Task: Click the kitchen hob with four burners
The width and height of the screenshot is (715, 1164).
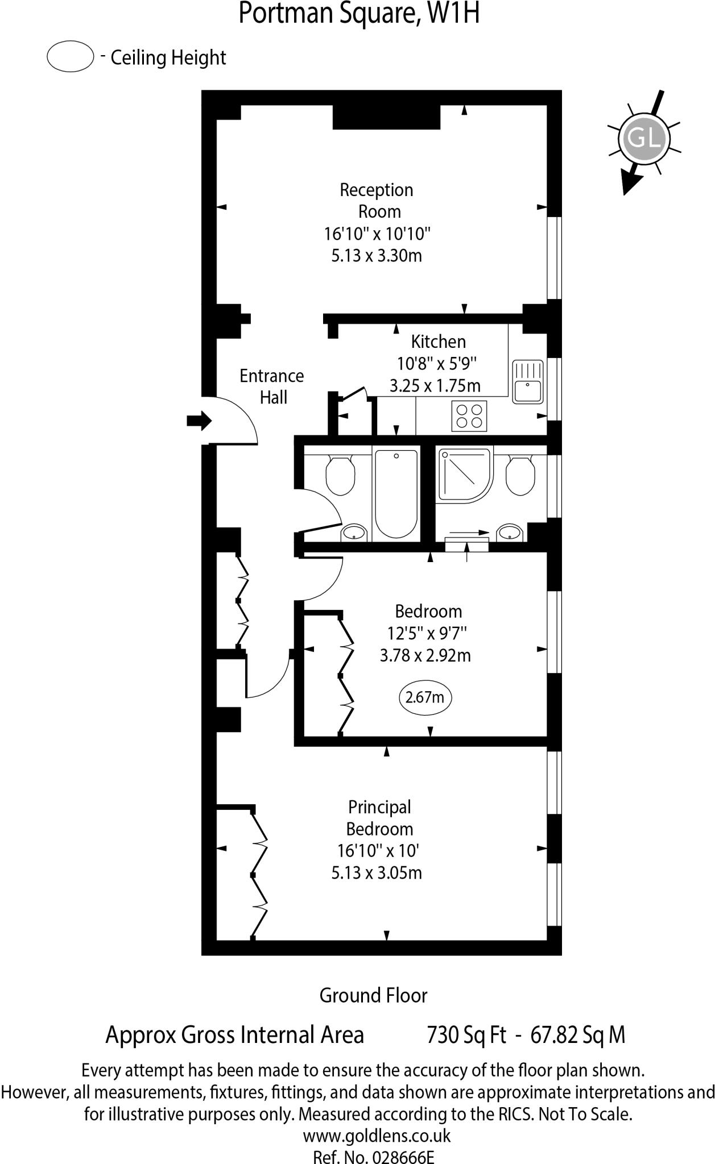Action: tap(469, 415)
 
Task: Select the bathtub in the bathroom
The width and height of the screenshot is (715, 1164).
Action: tap(396, 492)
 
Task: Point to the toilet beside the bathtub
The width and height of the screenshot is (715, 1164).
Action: tap(340, 475)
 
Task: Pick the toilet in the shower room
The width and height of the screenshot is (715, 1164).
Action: tap(520, 475)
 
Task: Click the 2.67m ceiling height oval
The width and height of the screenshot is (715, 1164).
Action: tap(425, 697)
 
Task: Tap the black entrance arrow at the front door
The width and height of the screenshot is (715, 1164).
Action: tap(199, 421)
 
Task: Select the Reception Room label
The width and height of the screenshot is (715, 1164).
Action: tap(377, 200)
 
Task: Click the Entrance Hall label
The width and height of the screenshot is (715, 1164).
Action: tap(272, 386)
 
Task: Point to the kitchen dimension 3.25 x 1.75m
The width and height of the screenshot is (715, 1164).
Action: tap(435, 386)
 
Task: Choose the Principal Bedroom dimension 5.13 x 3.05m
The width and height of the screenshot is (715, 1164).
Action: tap(377, 872)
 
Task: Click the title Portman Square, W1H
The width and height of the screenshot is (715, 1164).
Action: tap(358, 14)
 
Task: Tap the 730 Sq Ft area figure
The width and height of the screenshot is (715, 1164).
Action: tap(466, 1035)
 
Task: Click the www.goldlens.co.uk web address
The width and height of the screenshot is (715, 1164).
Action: tap(377, 1136)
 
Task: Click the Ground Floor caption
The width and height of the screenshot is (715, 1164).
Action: tap(373, 995)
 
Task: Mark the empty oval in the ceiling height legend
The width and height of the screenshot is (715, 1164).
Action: tap(70, 57)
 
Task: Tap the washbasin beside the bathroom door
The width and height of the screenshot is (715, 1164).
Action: tap(354, 533)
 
